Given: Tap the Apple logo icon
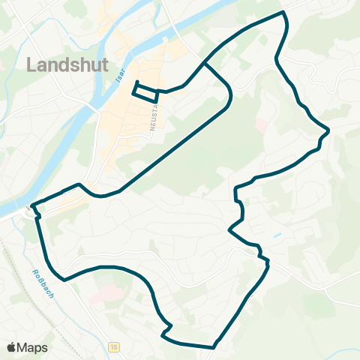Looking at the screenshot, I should click(11, 347).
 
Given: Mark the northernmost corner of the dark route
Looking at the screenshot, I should click(283, 13).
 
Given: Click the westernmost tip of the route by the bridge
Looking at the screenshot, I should click(31, 203).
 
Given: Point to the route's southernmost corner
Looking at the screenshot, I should click(214, 347).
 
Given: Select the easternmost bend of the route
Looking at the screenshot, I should click(328, 130).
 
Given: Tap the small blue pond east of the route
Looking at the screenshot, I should click(278, 235).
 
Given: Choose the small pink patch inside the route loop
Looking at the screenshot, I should click(260, 122).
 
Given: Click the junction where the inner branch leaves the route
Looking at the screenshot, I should click(204, 63).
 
